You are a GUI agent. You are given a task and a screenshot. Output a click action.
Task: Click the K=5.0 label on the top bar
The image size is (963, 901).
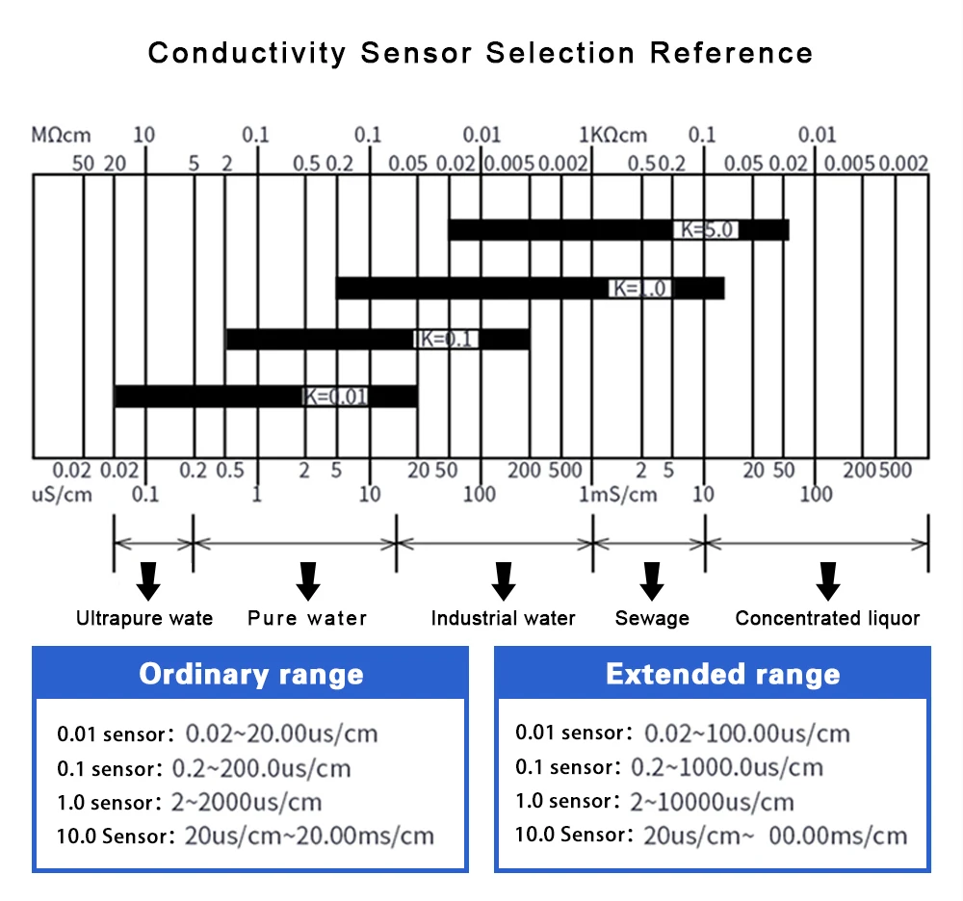click(707, 230)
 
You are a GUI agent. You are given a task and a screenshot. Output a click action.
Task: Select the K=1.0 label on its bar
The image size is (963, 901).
click(640, 288)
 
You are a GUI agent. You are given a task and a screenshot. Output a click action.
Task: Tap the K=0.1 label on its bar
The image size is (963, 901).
click(445, 339)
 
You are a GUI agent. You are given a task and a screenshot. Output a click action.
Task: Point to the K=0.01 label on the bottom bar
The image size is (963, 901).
click(335, 396)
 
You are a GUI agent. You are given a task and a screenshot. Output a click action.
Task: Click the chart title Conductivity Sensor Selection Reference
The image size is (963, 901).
click(481, 52)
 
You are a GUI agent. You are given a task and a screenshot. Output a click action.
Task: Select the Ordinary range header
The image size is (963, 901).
click(250, 674)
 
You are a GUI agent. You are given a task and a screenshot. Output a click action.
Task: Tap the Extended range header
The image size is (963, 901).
click(722, 674)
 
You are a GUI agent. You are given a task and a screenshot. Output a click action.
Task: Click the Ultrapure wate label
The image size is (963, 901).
click(144, 618)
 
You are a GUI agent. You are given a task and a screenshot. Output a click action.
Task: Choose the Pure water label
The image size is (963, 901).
click(307, 618)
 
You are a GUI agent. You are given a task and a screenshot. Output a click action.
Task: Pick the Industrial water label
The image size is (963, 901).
click(503, 618)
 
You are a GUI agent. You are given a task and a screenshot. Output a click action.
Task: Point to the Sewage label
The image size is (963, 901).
click(652, 618)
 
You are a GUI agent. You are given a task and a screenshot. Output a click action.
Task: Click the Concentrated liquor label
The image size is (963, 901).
click(827, 618)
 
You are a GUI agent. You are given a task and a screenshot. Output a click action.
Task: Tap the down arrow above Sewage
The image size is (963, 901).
click(652, 579)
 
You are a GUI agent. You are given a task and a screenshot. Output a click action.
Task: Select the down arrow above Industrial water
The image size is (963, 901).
click(503, 579)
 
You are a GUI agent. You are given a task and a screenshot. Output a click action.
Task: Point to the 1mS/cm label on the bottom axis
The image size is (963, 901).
click(617, 495)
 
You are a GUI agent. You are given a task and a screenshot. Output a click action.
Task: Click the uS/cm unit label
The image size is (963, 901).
click(63, 495)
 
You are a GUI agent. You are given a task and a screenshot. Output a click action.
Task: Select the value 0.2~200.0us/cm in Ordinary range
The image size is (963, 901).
click(261, 768)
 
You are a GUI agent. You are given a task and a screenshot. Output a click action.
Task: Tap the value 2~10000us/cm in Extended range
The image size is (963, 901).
click(712, 801)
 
